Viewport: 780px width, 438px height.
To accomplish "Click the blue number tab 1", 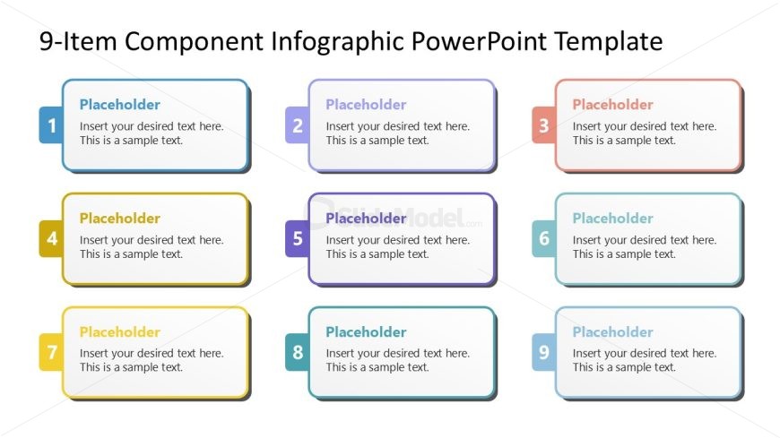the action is pos(51,125).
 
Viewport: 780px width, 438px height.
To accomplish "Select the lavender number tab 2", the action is pos(298,125).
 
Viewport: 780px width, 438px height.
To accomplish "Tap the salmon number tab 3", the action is pos(544,125).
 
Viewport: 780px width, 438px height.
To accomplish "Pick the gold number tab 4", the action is pos(51,238).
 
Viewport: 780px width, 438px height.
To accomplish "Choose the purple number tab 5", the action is pos(298,238).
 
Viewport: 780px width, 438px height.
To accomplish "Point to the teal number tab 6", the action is pos(544,238).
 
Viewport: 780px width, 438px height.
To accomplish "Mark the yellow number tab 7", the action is pos(51,352).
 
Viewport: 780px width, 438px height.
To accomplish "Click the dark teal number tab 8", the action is pos(298,352).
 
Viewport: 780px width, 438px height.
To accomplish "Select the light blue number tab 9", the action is pos(544,352).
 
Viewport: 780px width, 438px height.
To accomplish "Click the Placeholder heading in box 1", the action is pos(120,105).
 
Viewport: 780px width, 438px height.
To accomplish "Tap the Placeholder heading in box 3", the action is pos(613,105).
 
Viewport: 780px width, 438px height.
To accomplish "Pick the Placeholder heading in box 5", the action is pos(366,219).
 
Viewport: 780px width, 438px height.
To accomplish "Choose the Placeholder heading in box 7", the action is pos(120,331).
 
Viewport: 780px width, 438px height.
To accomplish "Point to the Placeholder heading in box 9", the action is pos(613,331).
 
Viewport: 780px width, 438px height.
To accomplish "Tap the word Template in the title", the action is pos(609,42).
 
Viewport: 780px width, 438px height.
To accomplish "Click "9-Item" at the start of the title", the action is pos(78,41).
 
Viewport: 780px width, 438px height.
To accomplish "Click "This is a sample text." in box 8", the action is pos(377,367).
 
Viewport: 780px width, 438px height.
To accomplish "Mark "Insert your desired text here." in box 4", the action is pos(152,240).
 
